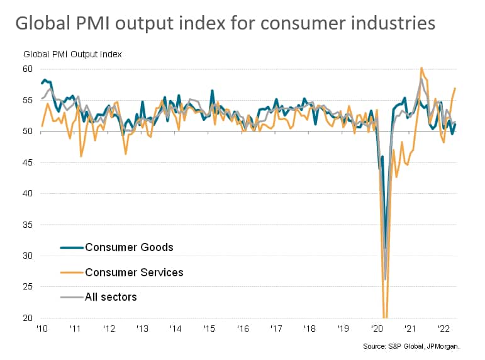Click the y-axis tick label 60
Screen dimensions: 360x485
click(x=28, y=69)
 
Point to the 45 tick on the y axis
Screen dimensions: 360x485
click(x=28, y=162)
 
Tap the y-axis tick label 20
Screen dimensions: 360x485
click(x=28, y=318)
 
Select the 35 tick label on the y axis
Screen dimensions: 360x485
click(x=28, y=225)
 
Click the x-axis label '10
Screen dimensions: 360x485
click(x=43, y=329)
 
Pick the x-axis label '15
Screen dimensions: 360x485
click(x=209, y=329)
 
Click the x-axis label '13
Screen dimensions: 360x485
click(x=142, y=329)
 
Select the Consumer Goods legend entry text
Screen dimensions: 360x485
click(x=129, y=247)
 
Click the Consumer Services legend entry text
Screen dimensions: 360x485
click(x=134, y=272)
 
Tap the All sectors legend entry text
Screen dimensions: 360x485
click(x=111, y=296)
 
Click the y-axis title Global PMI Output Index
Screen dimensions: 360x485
click(x=73, y=53)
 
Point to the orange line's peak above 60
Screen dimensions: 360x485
click(x=421, y=68)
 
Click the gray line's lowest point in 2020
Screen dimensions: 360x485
click(x=384, y=279)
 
